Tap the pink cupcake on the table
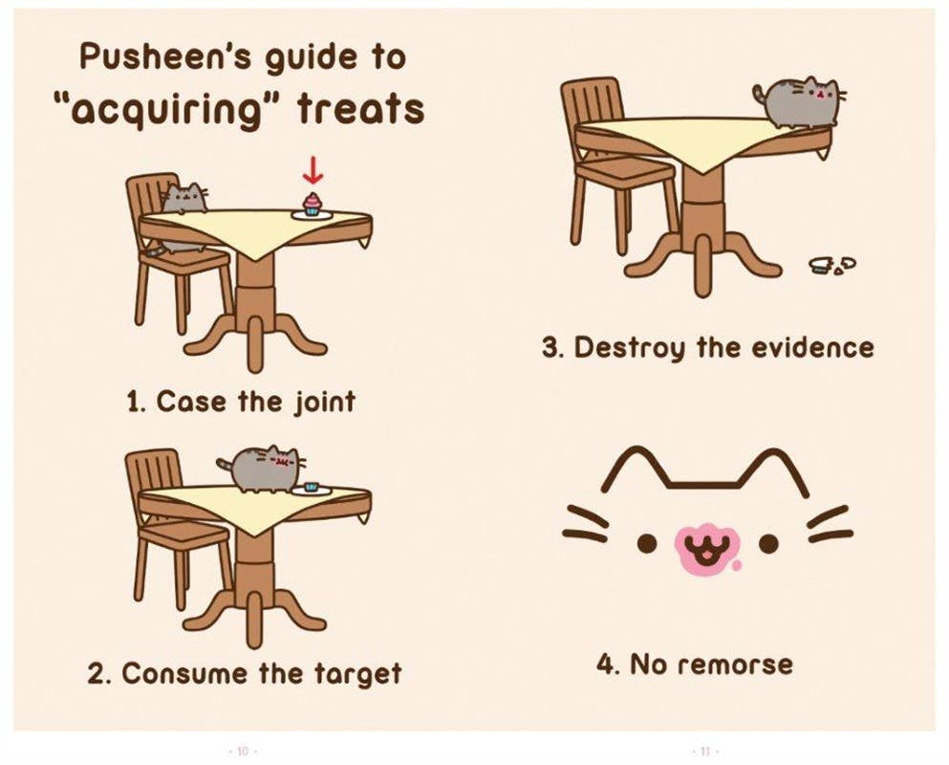[x=312, y=204]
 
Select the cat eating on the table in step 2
[x=262, y=469]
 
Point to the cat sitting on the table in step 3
[x=799, y=102]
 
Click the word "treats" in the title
[x=360, y=109]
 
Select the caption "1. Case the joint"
[x=241, y=401]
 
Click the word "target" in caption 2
[x=353, y=673]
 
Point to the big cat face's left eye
[x=647, y=543]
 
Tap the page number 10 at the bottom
[x=242, y=752]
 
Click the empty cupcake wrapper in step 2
[x=311, y=487]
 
